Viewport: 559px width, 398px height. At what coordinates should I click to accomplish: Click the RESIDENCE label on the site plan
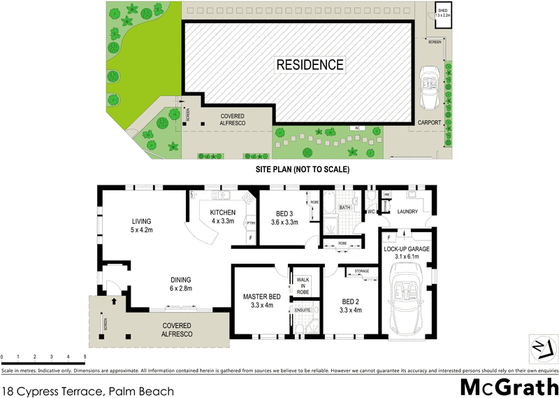pyautogui.click(x=310, y=65)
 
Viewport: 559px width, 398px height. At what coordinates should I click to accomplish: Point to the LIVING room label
pyautogui.click(x=141, y=225)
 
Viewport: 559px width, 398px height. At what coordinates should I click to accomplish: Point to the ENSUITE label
pyautogui.click(x=302, y=309)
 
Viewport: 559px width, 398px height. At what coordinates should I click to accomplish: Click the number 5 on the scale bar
pyautogui.click(x=85, y=357)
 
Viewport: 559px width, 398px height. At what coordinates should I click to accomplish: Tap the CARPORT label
pyautogui.click(x=429, y=122)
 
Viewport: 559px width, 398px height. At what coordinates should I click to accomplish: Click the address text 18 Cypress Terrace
pyautogui.click(x=87, y=392)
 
